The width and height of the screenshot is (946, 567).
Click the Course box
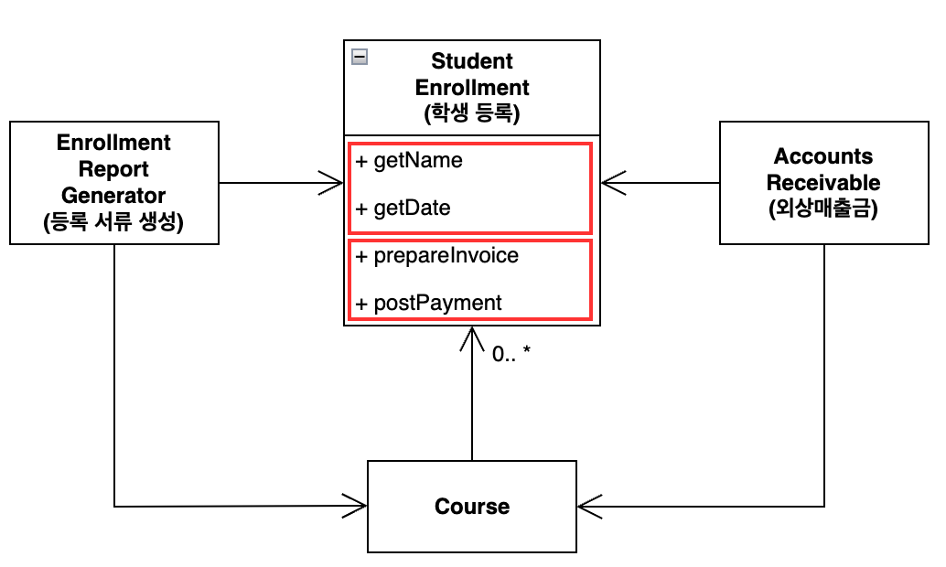pos(472,507)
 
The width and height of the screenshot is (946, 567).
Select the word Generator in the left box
pos(113,196)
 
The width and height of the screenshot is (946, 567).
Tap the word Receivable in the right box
pos(823,182)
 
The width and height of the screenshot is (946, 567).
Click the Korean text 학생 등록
pos(472,114)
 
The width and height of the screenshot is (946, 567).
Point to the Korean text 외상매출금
pos(823,209)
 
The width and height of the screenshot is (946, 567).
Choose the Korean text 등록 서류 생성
pos(113,222)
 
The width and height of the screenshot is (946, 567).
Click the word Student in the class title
pos(472,61)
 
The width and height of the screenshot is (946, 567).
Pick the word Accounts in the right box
pos(823,155)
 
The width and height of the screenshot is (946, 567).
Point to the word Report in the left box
pos(113,169)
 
